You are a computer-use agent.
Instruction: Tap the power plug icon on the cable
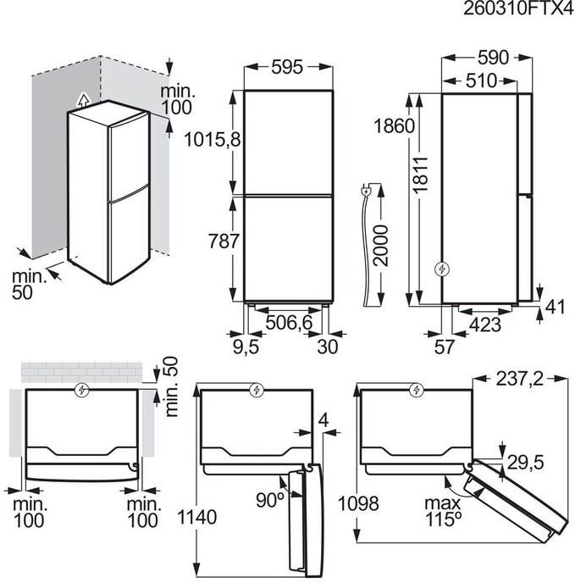coord(366,191)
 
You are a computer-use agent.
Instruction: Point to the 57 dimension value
coord(444,346)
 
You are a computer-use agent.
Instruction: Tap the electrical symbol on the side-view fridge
coord(441,269)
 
